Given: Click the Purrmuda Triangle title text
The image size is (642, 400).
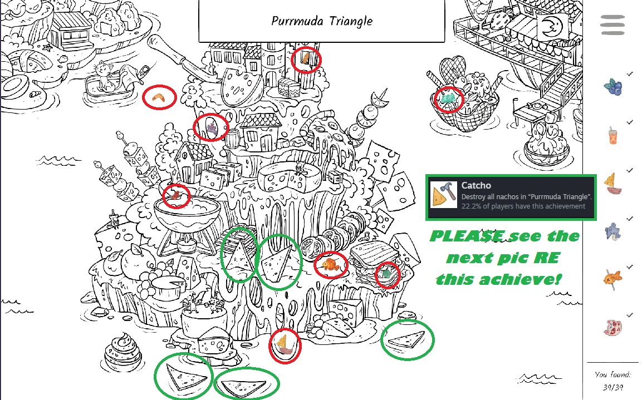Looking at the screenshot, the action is pyautogui.click(x=322, y=21).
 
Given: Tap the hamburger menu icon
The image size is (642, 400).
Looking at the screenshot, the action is pyautogui.click(x=612, y=25).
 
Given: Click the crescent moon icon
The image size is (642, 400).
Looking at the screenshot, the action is pyautogui.click(x=552, y=27).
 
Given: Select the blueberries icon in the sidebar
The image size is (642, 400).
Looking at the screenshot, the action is pyautogui.click(x=613, y=87).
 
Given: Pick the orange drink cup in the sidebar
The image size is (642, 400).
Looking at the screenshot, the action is pyautogui.click(x=612, y=135).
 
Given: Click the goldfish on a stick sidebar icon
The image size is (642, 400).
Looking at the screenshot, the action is pyautogui.click(x=612, y=279).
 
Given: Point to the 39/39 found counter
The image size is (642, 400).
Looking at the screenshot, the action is pyautogui.click(x=612, y=387).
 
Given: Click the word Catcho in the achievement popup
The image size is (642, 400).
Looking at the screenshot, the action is pyautogui.click(x=476, y=185).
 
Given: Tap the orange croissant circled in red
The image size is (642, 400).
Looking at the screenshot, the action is pyautogui.click(x=159, y=97).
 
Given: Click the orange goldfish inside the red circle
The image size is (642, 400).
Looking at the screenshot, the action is pyautogui.click(x=330, y=265).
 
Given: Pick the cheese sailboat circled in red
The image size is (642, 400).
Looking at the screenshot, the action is pyautogui.click(x=285, y=345).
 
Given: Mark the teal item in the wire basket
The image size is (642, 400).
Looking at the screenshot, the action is pyautogui.click(x=448, y=97).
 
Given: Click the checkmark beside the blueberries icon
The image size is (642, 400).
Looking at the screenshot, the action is pyautogui.click(x=630, y=73).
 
